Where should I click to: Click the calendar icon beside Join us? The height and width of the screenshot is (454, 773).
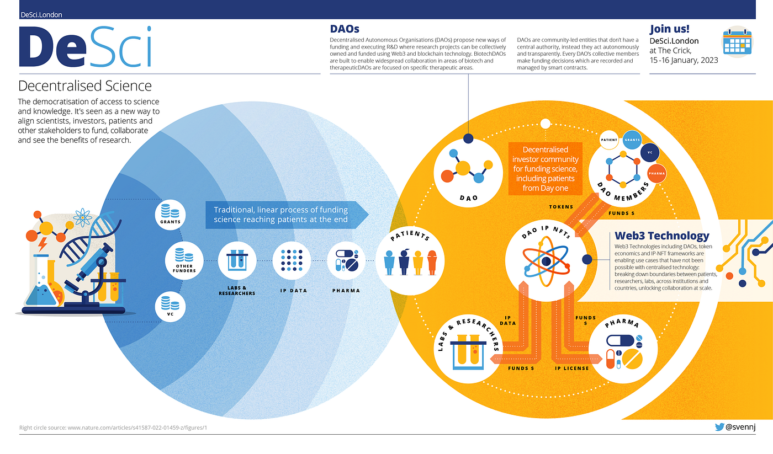tap(738, 41)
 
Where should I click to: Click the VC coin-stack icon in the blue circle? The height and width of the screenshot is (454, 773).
tap(171, 305)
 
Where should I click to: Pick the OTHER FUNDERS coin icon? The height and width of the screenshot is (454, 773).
tap(184, 255)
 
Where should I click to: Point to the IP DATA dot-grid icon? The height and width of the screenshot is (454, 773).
tap(292, 260)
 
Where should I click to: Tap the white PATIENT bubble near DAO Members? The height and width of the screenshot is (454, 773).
tap(609, 140)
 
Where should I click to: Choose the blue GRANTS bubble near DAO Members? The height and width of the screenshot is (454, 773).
tap(632, 140)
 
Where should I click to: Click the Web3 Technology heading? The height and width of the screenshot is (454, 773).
tap(661, 236)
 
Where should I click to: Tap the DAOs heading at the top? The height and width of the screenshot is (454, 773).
tap(345, 29)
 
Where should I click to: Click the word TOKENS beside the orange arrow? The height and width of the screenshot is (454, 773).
tap(561, 207)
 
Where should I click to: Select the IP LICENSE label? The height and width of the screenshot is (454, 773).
tap(571, 368)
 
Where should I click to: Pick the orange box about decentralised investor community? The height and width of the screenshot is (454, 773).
tap(545, 169)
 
